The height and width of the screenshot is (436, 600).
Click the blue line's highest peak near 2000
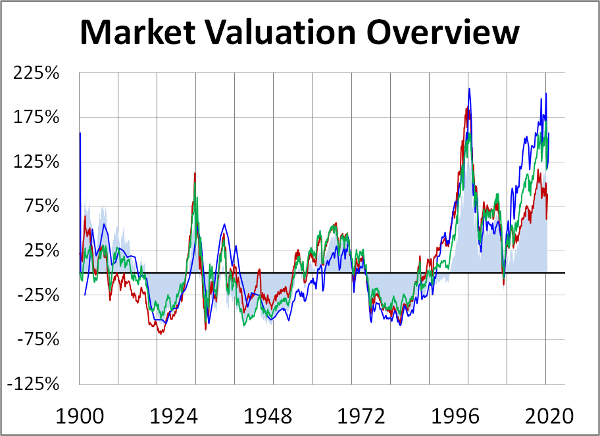click(469, 89)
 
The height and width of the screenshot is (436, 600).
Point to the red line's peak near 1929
click(195, 174)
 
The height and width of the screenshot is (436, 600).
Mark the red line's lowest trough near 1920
click(160, 333)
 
